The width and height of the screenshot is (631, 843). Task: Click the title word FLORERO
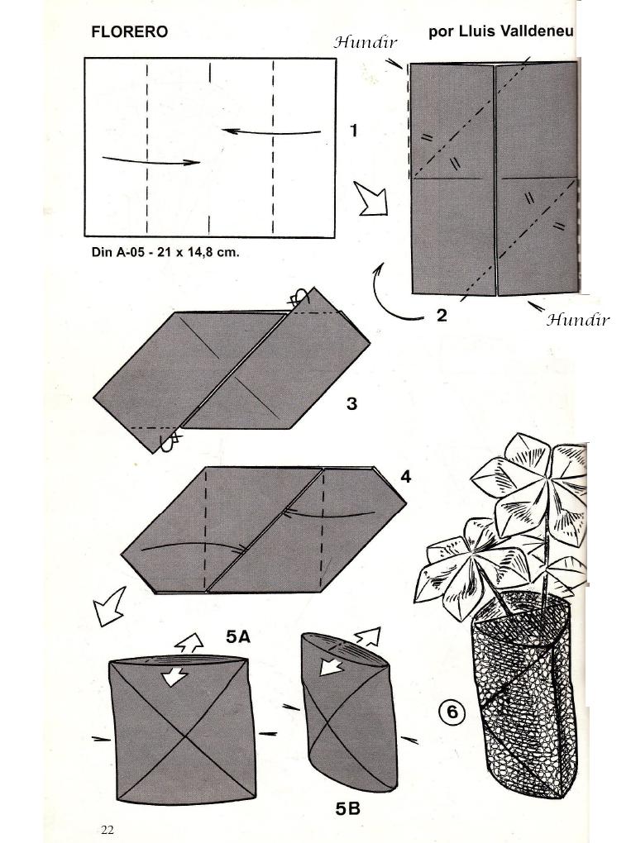[x=128, y=32]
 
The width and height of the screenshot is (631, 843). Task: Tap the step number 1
[x=354, y=131]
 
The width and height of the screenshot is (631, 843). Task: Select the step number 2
[x=442, y=315]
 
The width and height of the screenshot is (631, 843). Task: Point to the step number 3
[x=351, y=404]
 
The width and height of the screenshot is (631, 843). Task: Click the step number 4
[x=405, y=478]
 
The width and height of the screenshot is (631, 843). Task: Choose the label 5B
[x=347, y=809]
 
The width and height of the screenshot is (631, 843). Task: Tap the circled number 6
[x=452, y=712]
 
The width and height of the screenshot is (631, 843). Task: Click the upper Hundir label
[x=366, y=41]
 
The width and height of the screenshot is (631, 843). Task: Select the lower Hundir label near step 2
[x=577, y=320]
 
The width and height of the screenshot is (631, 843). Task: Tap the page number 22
[x=108, y=830]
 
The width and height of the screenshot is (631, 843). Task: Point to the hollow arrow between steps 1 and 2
[x=372, y=199]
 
